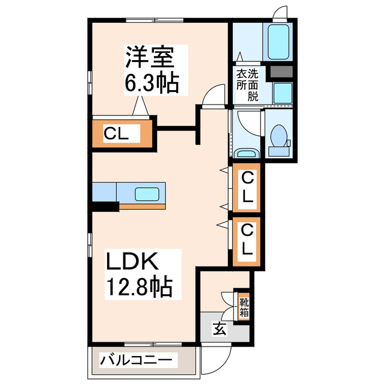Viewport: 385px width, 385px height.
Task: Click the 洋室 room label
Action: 150,58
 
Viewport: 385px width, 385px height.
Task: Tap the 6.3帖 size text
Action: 151,82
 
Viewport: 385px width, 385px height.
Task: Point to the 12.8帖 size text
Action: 140,288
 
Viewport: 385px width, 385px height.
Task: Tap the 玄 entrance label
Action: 219,329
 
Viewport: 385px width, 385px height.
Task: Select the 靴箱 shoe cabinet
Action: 243,307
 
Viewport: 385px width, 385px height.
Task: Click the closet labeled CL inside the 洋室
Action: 122,134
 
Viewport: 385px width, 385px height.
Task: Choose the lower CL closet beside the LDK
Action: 247,239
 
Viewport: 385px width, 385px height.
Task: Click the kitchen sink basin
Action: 146,194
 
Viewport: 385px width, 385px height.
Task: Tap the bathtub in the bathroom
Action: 279,42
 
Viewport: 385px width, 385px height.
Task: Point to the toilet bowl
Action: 278,136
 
